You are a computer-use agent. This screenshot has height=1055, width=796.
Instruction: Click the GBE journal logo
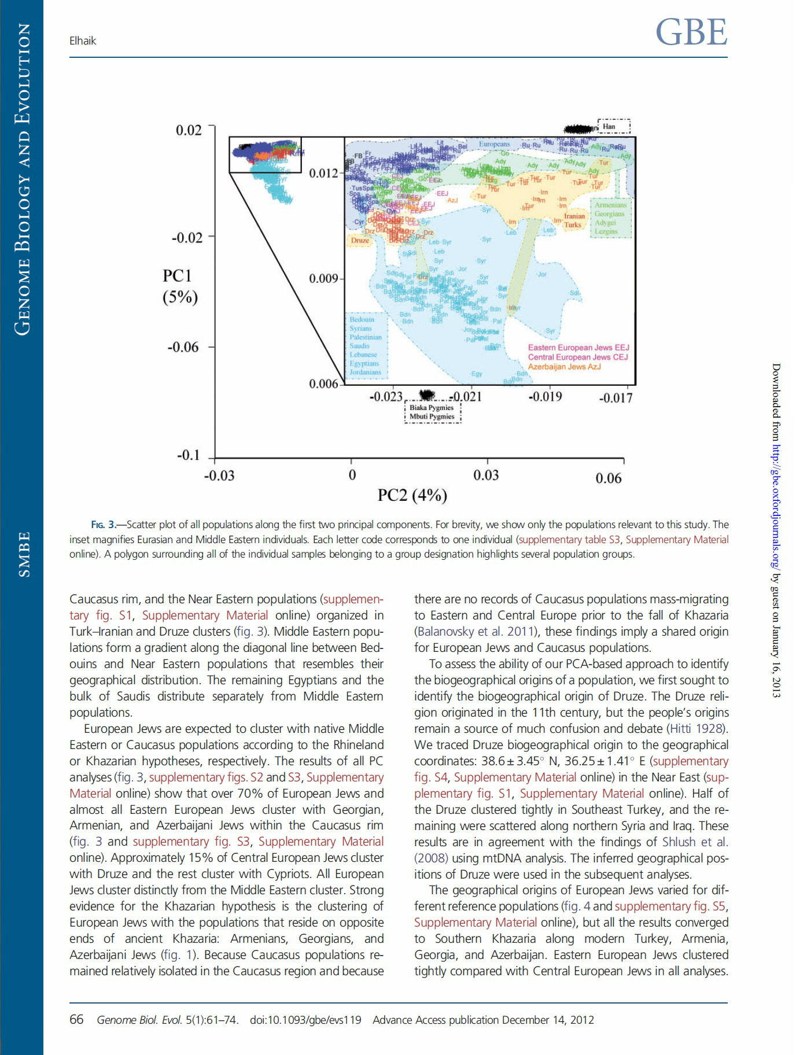click(x=691, y=32)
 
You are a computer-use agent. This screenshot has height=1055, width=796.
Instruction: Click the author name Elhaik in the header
click(x=83, y=41)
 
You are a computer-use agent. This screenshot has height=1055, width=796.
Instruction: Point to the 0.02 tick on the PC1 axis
click(x=189, y=130)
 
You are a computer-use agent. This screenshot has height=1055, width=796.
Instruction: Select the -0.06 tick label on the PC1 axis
click(x=183, y=347)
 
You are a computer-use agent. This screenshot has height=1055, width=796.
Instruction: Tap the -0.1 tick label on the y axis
click(x=188, y=455)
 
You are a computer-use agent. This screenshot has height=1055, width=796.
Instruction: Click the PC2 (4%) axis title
click(x=412, y=496)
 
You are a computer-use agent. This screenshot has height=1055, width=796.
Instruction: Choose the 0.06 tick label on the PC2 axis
click(x=609, y=478)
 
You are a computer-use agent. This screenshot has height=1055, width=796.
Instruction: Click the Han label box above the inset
click(x=613, y=126)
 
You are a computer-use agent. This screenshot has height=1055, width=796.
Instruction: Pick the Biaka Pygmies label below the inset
click(x=432, y=407)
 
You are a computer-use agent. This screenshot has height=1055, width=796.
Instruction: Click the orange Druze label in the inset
click(x=360, y=241)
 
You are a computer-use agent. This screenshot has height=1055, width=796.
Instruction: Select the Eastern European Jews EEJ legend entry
click(x=578, y=348)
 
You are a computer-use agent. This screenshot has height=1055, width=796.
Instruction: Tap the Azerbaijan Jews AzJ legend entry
click(x=564, y=367)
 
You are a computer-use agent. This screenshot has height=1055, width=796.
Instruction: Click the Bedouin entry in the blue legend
click(x=362, y=319)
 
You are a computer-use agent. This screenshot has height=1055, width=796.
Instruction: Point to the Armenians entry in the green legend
click(x=610, y=205)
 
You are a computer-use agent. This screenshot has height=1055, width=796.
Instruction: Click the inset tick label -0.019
click(x=545, y=397)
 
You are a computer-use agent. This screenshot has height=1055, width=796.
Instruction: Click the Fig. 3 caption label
click(x=103, y=525)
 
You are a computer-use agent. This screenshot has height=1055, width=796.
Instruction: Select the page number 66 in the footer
click(x=76, y=1020)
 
